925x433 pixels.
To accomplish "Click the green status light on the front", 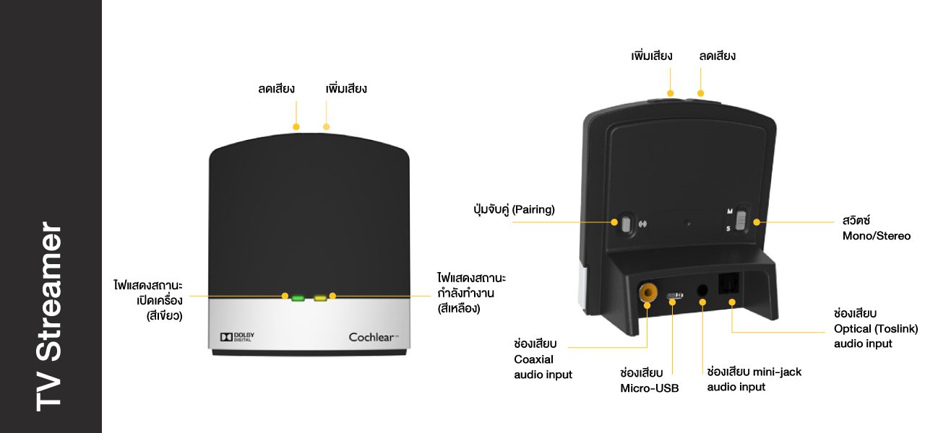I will [x=298, y=297].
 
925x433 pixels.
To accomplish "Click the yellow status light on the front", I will [x=319, y=297].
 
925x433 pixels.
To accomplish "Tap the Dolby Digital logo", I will [x=237, y=337].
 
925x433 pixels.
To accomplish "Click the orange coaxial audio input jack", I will [x=647, y=292].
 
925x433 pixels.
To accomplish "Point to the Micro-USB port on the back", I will [x=674, y=296].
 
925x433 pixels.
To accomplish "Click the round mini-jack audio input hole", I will [x=702, y=292].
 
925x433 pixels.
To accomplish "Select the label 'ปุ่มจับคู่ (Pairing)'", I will [x=512, y=210].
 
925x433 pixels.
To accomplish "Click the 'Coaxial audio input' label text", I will [x=543, y=367].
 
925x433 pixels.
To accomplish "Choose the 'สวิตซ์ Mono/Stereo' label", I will [x=876, y=227].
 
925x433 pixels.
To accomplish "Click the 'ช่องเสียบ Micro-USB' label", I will [x=649, y=380].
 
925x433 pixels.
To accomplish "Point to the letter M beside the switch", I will [x=730, y=211].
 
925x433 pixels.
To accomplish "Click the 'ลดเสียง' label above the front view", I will [x=276, y=89].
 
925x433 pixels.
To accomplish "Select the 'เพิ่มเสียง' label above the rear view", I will [x=651, y=56].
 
